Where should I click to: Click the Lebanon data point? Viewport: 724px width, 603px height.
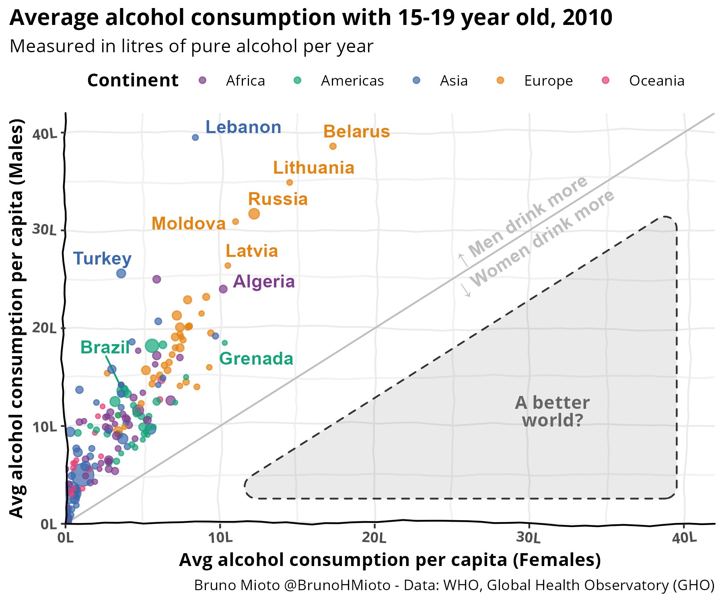(x=195, y=137)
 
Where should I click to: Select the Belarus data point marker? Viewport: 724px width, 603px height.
(x=333, y=146)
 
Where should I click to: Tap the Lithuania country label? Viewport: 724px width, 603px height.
(x=313, y=168)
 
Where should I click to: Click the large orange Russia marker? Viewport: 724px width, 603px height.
(x=254, y=214)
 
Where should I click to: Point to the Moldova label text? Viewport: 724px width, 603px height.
(x=188, y=224)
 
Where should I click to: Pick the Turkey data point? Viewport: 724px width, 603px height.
(x=121, y=273)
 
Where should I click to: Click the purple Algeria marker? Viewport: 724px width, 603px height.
(x=223, y=289)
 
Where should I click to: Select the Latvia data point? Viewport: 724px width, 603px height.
(x=228, y=266)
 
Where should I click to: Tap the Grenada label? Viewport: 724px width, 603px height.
(x=256, y=359)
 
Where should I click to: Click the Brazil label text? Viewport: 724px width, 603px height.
(x=105, y=347)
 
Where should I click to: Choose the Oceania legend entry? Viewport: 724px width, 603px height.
(x=656, y=81)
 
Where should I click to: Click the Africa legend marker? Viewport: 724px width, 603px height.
(x=203, y=80)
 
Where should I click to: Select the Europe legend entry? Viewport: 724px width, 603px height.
(x=548, y=81)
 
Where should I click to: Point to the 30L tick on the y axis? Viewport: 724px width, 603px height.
(x=44, y=230)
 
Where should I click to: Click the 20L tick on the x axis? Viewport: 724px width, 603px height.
(x=374, y=537)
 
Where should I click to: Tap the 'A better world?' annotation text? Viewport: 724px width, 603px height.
(x=552, y=411)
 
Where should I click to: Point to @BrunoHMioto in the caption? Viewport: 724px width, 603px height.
(x=337, y=585)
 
